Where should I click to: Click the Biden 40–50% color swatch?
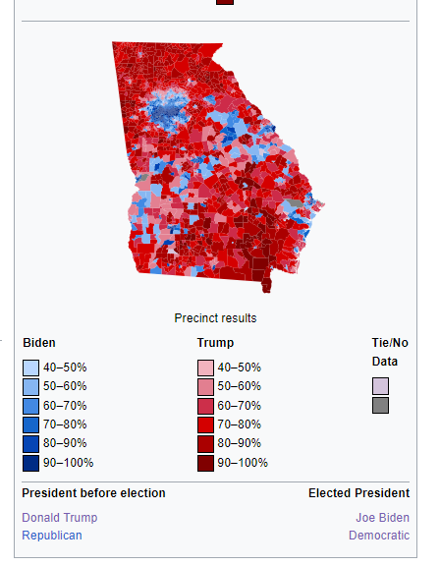click(30, 368)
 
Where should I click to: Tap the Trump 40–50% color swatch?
click(205, 368)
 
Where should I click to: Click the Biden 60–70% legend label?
click(65, 406)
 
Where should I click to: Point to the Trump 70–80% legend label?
click(240, 424)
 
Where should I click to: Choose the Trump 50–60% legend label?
click(240, 386)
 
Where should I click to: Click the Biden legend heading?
click(39, 343)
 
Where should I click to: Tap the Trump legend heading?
click(215, 343)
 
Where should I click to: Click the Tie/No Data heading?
click(389, 352)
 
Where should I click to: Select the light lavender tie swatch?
click(380, 386)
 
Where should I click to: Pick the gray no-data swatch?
click(380, 406)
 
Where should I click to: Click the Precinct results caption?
click(215, 318)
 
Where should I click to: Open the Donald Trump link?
click(60, 517)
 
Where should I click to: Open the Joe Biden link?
click(383, 517)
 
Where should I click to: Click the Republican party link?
click(52, 536)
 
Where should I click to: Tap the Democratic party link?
click(379, 536)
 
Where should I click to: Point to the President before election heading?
click(93, 493)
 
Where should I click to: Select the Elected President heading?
click(358, 493)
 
